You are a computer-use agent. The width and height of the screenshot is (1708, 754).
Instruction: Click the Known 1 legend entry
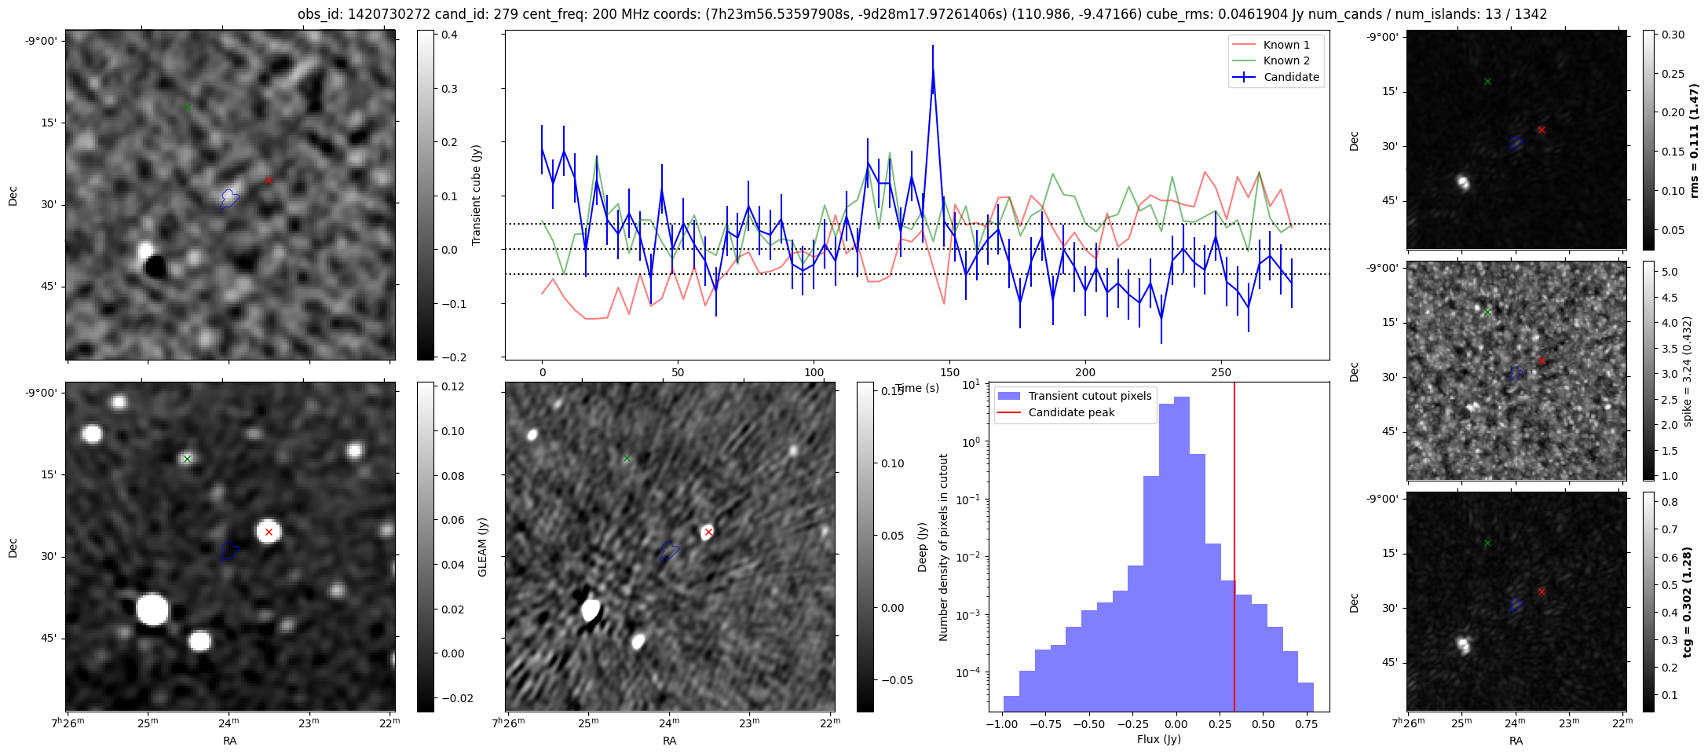point(1286,45)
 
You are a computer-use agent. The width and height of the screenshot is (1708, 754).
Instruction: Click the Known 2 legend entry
point(1286,60)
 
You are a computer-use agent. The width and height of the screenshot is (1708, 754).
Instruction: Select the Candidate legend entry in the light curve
point(1291,77)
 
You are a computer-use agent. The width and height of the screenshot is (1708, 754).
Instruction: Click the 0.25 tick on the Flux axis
point(1219,724)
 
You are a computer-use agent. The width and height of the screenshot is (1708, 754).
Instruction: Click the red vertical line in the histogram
point(1234,550)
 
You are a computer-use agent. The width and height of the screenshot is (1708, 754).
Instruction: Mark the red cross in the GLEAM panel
point(269,532)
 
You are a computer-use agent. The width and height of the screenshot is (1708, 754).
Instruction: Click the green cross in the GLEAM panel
point(187,459)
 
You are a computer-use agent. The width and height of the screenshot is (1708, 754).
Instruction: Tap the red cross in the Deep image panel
point(708,532)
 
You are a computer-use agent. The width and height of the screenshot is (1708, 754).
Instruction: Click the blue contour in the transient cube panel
point(229,198)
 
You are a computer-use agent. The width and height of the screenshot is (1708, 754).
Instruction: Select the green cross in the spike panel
point(1487,312)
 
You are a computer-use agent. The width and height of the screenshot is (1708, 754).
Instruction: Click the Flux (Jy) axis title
point(1158,739)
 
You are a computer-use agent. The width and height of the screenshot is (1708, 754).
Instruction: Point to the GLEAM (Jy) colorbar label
point(482,547)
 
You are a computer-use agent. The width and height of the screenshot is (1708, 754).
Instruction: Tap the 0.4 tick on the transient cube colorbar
point(449,35)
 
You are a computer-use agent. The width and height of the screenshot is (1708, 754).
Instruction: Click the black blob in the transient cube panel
point(155,267)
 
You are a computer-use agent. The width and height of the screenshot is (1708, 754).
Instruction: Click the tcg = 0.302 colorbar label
point(1688,602)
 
